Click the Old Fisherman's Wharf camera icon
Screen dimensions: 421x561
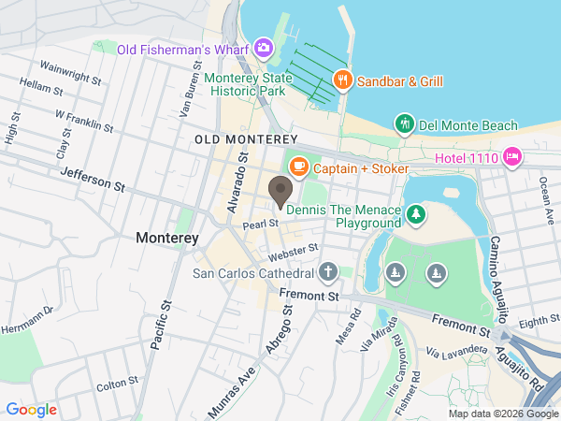click(264, 46)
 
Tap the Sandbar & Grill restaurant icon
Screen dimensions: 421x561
click(343, 80)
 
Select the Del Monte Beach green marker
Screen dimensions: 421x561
click(404, 123)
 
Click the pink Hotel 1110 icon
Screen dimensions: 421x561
click(512, 156)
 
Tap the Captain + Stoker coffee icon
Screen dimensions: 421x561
click(298, 167)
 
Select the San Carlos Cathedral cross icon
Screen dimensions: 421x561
click(327, 273)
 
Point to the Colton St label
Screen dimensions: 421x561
click(117, 384)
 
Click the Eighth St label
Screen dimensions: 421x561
click(539, 321)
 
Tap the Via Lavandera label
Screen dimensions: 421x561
click(456, 351)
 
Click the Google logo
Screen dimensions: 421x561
click(31, 409)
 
